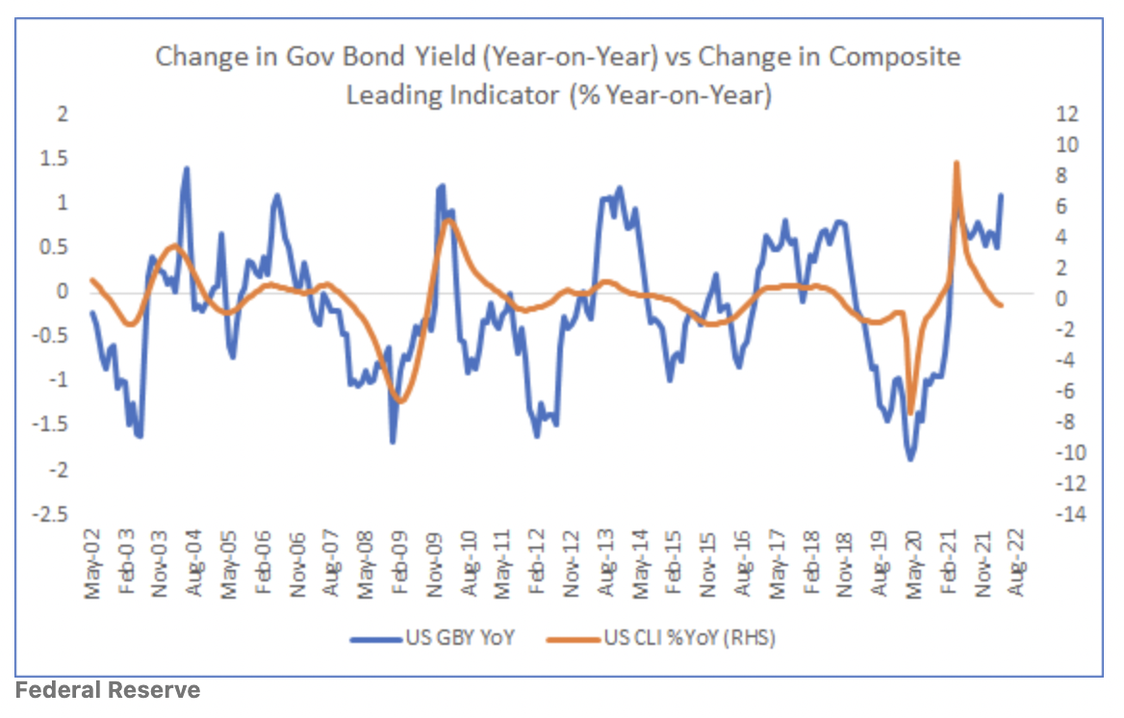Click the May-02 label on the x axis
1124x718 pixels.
point(92,565)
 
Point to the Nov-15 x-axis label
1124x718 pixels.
point(707,565)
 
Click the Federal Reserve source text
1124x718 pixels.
point(108,690)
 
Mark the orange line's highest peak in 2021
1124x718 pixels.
point(956,163)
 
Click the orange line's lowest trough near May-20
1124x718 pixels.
point(910,414)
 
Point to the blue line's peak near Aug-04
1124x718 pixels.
point(186,168)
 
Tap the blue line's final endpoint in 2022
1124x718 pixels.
point(1001,195)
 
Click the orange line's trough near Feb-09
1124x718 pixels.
point(400,400)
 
